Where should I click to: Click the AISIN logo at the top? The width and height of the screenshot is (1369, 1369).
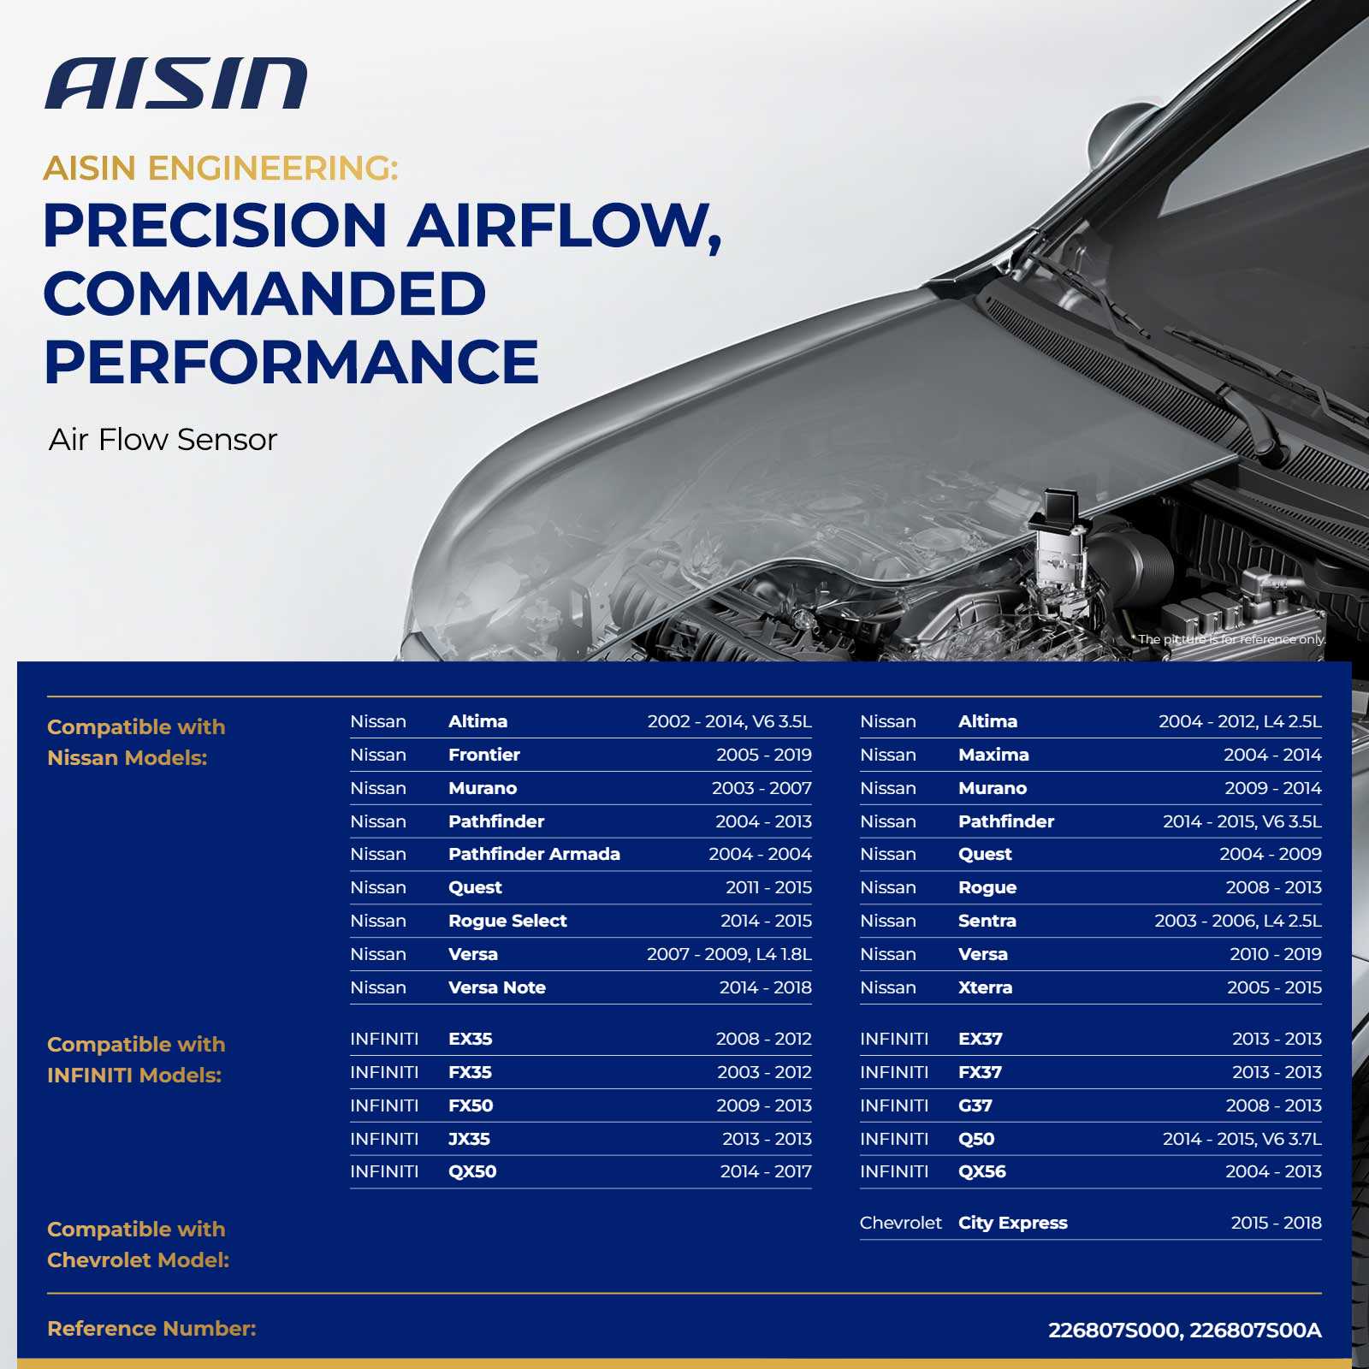tap(175, 84)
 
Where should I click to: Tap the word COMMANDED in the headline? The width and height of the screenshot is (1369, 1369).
tap(265, 293)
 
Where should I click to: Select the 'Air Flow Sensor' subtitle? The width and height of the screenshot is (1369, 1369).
tap(163, 440)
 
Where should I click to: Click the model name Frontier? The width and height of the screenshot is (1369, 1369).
tap(484, 755)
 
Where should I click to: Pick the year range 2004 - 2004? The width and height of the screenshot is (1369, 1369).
tap(760, 854)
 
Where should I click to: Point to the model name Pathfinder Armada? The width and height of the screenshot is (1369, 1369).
tap(534, 854)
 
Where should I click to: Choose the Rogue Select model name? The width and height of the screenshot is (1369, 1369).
tap(507, 921)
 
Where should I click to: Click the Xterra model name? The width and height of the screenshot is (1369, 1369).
tap(985, 987)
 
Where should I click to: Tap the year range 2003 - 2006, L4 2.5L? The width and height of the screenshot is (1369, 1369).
tap(1237, 921)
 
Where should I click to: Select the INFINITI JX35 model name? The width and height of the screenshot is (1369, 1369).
tap(469, 1139)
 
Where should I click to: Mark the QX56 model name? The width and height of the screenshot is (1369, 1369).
tap(982, 1171)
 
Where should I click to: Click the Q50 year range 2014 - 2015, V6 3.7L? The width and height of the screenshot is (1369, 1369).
tap(1242, 1139)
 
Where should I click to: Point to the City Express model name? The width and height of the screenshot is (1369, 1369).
tap(1013, 1223)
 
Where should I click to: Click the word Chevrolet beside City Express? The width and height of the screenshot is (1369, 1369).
tap(900, 1223)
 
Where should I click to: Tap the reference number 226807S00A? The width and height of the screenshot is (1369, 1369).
tap(1255, 1330)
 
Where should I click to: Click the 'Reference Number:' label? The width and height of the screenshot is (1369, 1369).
tap(151, 1329)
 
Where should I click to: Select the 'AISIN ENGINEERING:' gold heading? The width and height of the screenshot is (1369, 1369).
tap(221, 169)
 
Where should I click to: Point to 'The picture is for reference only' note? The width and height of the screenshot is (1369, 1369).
tap(1231, 639)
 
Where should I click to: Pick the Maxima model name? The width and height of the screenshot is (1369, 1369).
tap(993, 755)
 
